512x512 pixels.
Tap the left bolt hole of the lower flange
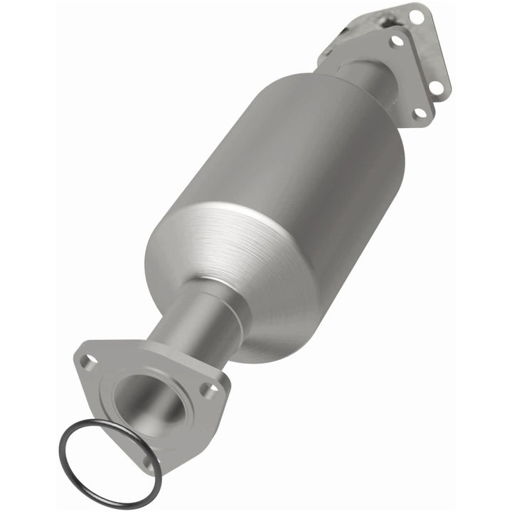(x=88, y=362)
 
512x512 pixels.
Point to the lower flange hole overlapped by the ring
(x=148, y=462)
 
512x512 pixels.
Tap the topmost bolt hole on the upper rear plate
(x=415, y=14)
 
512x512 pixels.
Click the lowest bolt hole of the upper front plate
(x=419, y=112)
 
